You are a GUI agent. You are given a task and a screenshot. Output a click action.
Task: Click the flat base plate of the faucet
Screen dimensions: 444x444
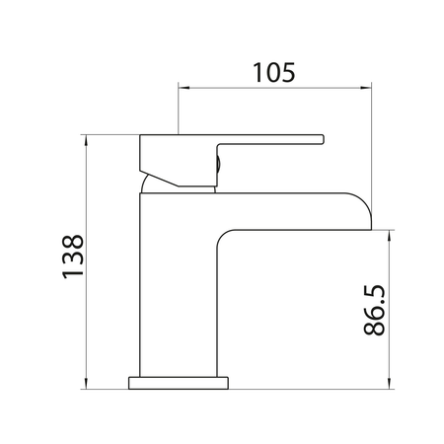click(180, 379)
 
